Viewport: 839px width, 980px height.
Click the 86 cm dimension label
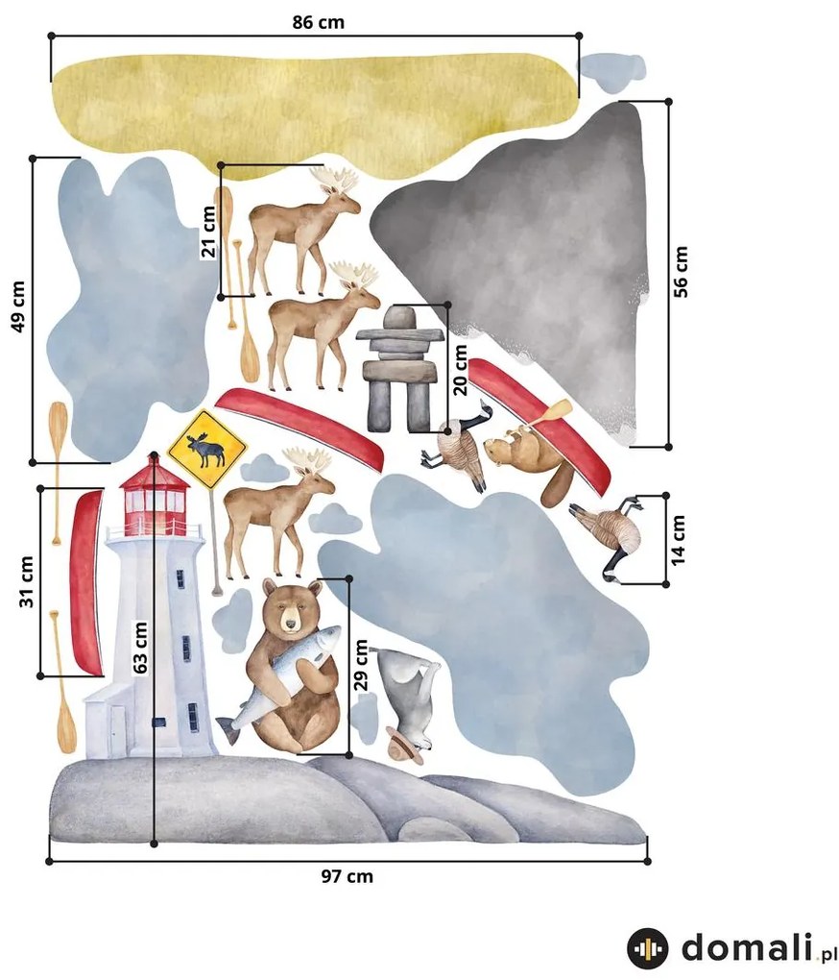319,22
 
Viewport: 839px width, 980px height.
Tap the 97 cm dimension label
348,876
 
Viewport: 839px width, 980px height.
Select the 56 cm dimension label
681,271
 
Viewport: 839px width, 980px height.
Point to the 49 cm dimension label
18,306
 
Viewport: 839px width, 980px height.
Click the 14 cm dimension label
678,540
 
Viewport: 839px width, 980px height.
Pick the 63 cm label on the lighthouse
140,648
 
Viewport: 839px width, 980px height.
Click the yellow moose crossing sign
207,449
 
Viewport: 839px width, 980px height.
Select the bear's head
292,607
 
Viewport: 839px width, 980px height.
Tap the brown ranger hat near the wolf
404,744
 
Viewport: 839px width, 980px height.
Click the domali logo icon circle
647,948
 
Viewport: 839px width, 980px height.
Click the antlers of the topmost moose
336,180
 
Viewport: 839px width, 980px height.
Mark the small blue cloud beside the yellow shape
611,70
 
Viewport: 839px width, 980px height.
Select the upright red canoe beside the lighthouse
86,582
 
